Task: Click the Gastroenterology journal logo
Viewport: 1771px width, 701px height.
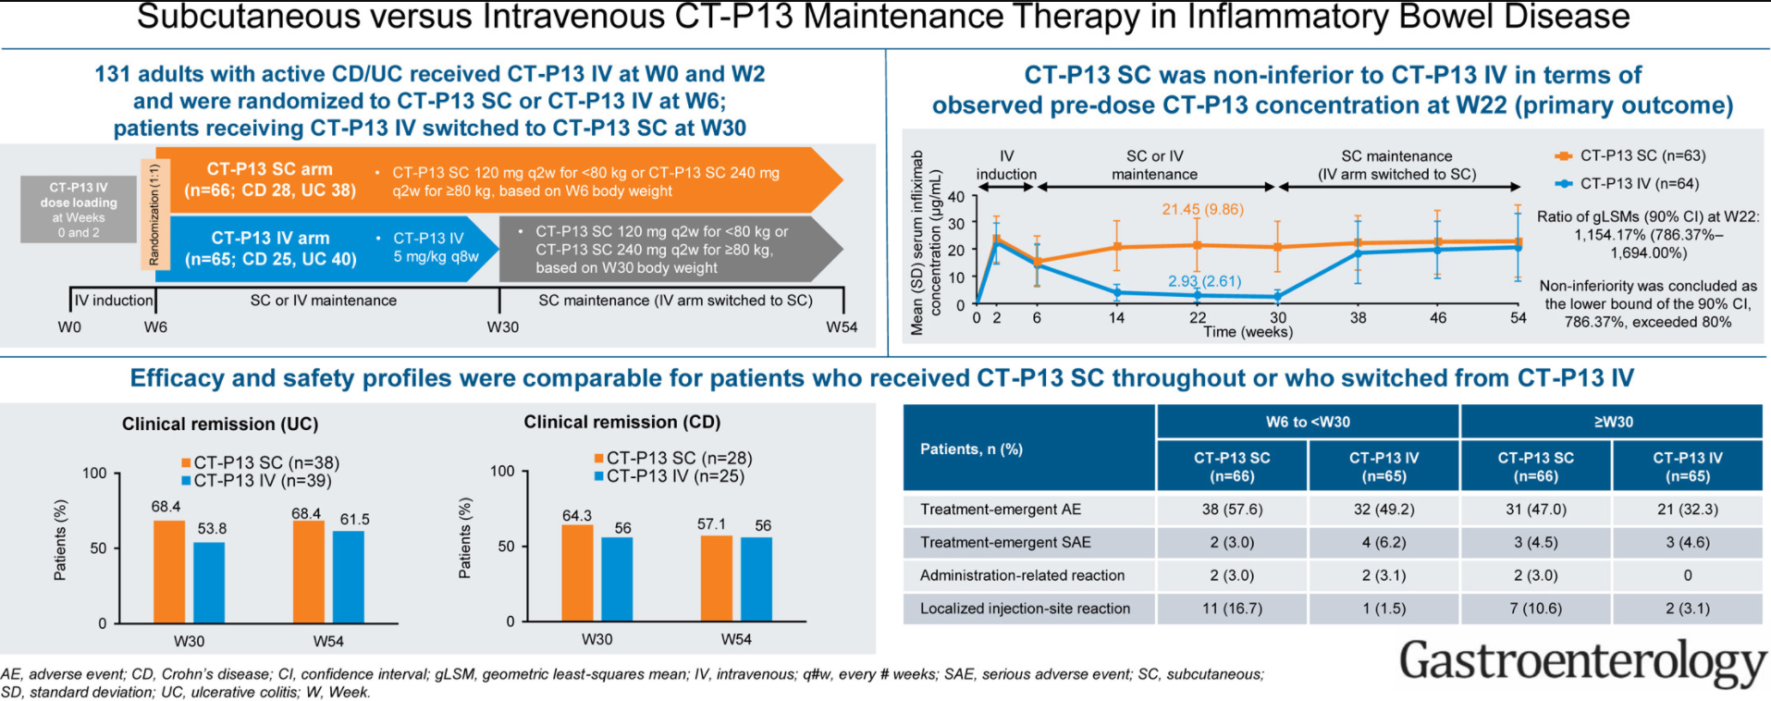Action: tap(1581, 662)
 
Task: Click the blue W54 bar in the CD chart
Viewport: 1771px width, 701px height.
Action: tap(756, 579)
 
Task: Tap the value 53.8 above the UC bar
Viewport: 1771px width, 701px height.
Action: tap(212, 529)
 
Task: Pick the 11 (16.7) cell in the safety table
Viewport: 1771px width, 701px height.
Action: tap(1232, 609)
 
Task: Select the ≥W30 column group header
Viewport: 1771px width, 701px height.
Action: tap(1612, 422)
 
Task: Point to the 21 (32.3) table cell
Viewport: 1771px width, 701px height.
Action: tap(1687, 510)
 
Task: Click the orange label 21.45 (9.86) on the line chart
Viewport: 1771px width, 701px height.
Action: tap(1202, 209)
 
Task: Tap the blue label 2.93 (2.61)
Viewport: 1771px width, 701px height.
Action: tap(1204, 281)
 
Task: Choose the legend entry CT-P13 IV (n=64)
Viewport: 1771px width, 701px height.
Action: tap(1639, 183)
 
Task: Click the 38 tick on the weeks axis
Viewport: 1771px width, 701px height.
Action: tap(1358, 318)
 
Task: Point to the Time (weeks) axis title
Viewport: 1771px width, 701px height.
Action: tap(1248, 332)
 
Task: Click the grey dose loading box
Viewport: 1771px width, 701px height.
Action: tap(79, 210)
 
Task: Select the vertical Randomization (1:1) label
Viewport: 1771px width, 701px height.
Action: tap(154, 214)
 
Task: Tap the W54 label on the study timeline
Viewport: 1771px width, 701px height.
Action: tap(842, 327)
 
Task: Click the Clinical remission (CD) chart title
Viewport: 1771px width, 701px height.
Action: tap(621, 423)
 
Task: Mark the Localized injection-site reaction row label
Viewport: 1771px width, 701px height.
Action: tap(1025, 609)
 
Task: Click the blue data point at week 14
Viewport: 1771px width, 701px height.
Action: tap(1117, 292)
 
